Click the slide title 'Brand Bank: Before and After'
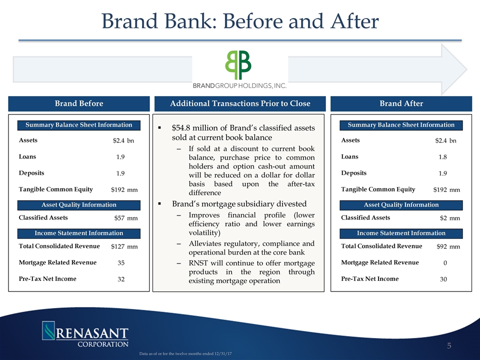click(x=240, y=21)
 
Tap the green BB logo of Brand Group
click(x=238, y=65)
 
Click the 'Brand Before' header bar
click(x=79, y=103)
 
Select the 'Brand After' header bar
click(x=401, y=103)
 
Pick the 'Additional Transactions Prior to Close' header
click(x=240, y=103)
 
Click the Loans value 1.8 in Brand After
click(x=442, y=157)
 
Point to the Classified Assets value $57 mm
click(x=126, y=218)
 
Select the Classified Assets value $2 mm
click(x=450, y=218)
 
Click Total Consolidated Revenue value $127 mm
click(x=124, y=246)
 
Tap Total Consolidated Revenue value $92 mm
click(x=448, y=246)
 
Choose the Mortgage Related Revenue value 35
click(x=121, y=262)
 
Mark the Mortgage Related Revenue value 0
click(x=445, y=262)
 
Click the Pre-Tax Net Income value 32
click(x=121, y=279)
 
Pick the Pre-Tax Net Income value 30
click(x=443, y=279)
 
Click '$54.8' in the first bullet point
click(x=181, y=127)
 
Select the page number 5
click(x=449, y=346)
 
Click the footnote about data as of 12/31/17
click(x=185, y=353)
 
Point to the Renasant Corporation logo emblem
click(x=48, y=330)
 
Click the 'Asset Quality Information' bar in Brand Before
click(x=79, y=205)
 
